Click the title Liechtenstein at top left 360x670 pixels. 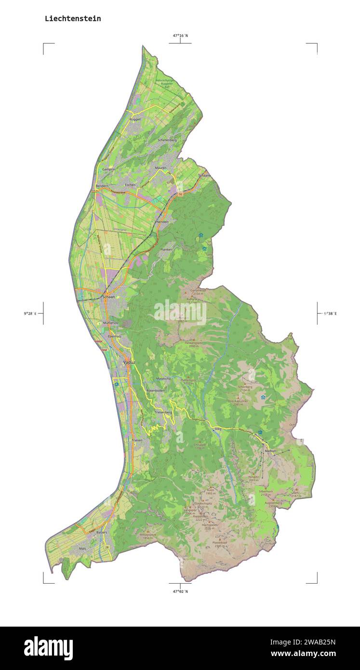pyautogui.click(x=73, y=19)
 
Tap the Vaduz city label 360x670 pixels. pyautogui.click(x=129, y=362)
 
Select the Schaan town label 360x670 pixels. pyautogui.click(x=109, y=297)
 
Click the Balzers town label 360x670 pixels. pyautogui.click(x=101, y=532)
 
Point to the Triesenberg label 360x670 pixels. pyautogui.click(x=163, y=413)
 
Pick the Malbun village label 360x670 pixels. pyautogui.click(x=270, y=451)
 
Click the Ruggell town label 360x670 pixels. pyautogui.click(x=135, y=119)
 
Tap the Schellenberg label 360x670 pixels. pyautogui.click(x=167, y=140)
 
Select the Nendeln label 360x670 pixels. pyautogui.click(x=163, y=221)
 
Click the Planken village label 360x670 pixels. pyautogui.click(x=166, y=249)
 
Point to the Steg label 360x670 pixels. pyautogui.click(x=217, y=429)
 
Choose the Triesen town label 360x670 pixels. pyautogui.click(x=137, y=441)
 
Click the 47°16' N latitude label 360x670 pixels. pyautogui.click(x=180, y=35)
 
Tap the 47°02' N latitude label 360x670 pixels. pyautogui.click(x=180, y=591)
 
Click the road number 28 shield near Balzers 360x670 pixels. pyautogui.click(x=107, y=548)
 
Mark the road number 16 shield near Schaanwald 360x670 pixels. pyautogui.click(x=180, y=194)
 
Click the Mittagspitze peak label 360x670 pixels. pyautogui.click(x=148, y=535)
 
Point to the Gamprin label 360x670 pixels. pyautogui.click(x=108, y=169)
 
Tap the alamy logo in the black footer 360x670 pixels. pyautogui.click(x=48, y=648)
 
